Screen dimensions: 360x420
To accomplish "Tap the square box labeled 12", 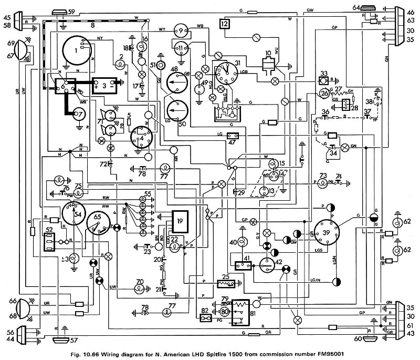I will pyautogui.click(x=225, y=24).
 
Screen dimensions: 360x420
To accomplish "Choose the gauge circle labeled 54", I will pyautogui.click(x=77, y=215).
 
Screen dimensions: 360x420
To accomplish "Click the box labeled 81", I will pyautogui.click(x=243, y=312).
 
